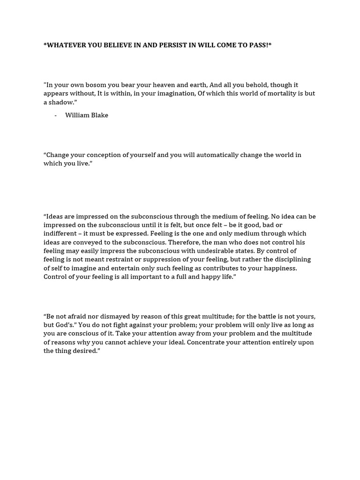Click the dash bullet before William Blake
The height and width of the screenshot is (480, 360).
tap(55, 115)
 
